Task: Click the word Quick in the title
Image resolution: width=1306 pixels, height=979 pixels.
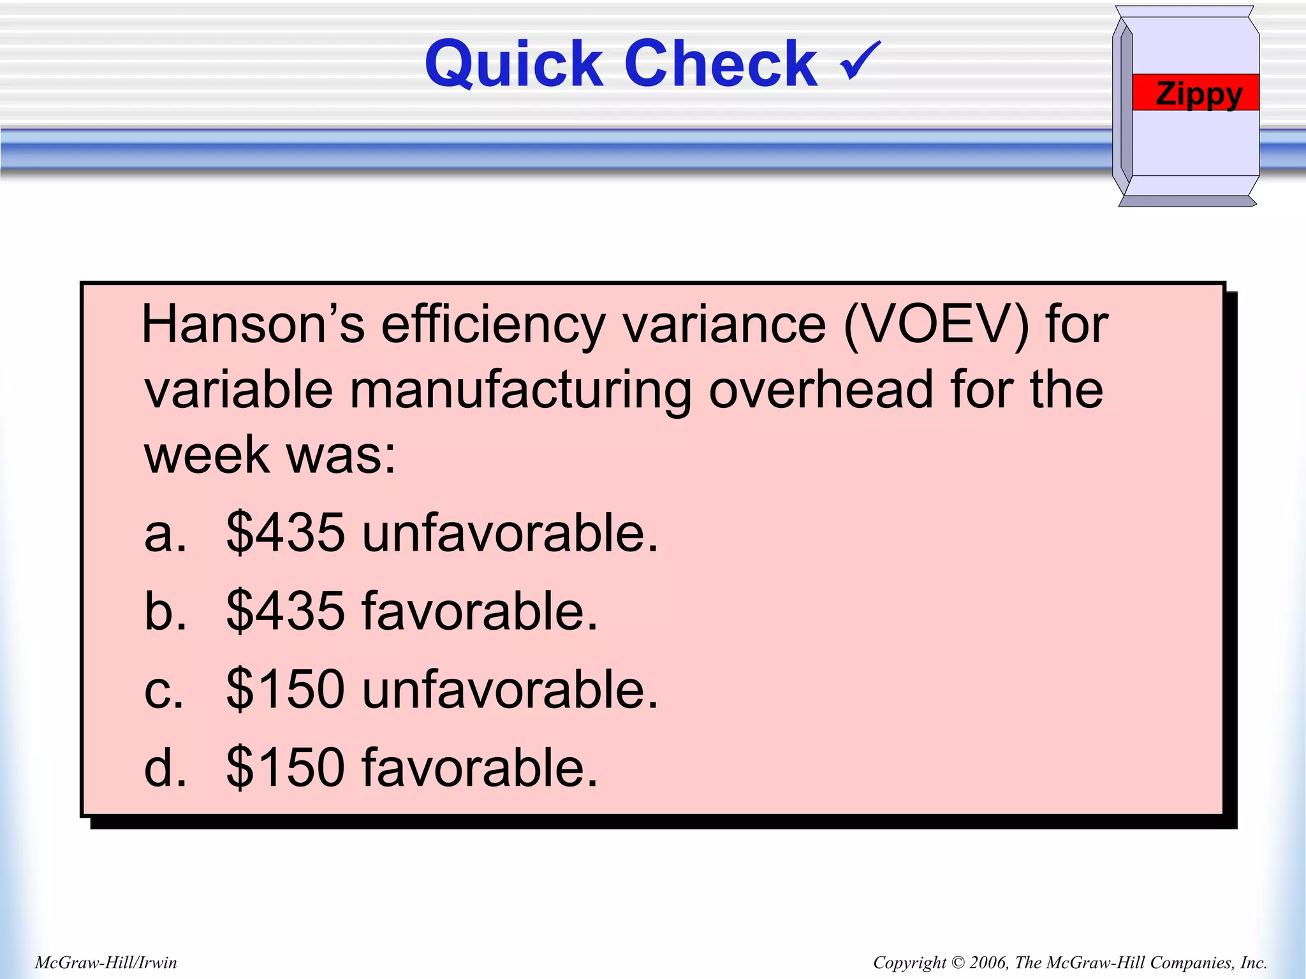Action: pyautogui.click(x=514, y=64)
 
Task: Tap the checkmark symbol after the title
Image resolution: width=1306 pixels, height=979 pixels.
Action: pyautogui.click(x=860, y=61)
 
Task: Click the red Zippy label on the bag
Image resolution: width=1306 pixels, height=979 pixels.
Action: pyautogui.click(x=1196, y=93)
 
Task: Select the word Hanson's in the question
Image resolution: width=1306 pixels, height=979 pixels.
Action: pyautogui.click(x=253, y=325)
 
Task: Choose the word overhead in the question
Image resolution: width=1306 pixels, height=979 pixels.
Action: pyautogui.click(x=821, y=390)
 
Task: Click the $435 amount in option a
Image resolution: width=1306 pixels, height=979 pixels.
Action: pyautogui.click(x=286, y=533)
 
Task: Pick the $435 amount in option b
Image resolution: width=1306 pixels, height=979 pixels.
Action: pyautogui.click(x=286, y=611)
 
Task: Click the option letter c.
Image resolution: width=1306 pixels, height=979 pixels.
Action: pyautogui.click(x=164, y=690)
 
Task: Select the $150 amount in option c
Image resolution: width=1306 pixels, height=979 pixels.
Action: pyautogui.click(x=286, y=690)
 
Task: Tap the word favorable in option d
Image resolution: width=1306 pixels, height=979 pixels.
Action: pyautogui.click(x=480, y=767)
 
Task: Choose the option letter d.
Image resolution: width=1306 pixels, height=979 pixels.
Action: pyautogui.click(x=165, y=767)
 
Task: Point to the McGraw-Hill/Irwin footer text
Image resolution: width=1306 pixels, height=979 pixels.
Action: pyautogui.click(x=106, y=962)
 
